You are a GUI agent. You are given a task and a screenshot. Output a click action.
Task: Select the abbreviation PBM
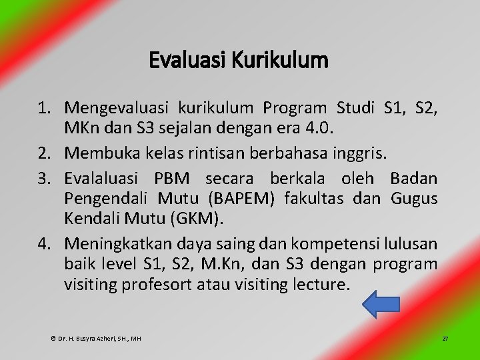174,179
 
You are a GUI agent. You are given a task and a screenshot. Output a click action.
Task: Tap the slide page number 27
445,339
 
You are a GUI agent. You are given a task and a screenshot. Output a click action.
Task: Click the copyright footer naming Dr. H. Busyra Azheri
97,339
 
